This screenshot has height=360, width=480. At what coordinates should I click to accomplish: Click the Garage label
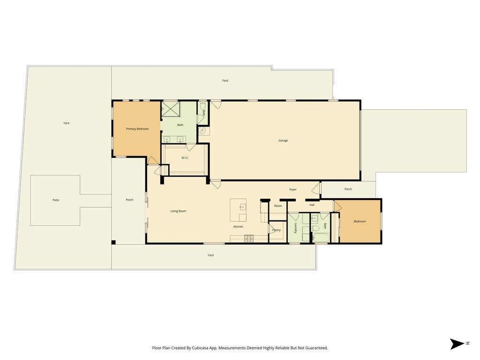283,141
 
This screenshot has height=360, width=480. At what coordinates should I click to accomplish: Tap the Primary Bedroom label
137,129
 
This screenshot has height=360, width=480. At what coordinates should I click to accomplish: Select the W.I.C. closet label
185,157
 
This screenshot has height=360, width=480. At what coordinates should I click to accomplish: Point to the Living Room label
178,211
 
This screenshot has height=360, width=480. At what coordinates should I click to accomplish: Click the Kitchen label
238,226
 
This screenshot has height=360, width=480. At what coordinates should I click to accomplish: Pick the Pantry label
277,230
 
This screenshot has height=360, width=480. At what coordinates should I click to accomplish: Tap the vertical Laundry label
296,228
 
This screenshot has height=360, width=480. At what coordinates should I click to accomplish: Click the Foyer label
293,189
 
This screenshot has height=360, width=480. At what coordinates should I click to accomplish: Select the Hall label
312,205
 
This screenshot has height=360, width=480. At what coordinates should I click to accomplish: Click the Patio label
56,200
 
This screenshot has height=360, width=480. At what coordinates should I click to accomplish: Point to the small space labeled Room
278,206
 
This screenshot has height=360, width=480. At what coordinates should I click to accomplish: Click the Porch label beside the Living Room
129,200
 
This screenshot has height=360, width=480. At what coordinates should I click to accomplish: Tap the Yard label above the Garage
225,81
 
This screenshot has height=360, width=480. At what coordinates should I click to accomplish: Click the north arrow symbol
457,344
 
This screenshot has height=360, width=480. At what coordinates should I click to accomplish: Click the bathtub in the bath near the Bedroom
321,238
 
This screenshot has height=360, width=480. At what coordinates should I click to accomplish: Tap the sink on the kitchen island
243,207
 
